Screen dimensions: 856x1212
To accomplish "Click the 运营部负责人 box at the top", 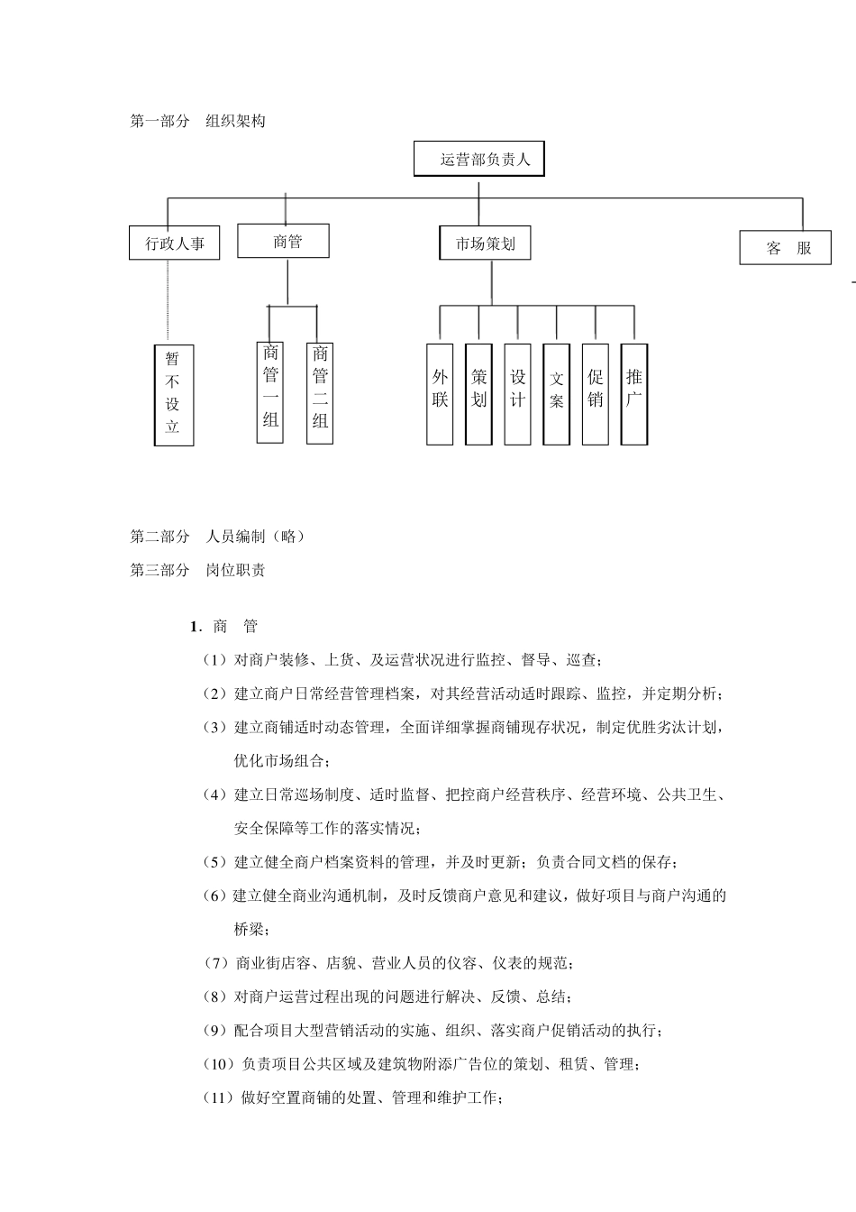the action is click(479, 159).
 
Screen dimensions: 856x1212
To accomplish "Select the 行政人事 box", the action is click(175, 243).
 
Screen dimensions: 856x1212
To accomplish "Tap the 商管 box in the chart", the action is click(284, 241).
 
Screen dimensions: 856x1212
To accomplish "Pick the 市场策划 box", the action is click(486, 243).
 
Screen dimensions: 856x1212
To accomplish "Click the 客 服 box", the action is click(785, 248).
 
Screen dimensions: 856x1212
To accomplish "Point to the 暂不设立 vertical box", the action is click(174, 393).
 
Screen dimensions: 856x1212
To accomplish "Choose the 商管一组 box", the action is click(270, 391).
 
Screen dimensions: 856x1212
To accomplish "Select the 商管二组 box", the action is click(320, 392).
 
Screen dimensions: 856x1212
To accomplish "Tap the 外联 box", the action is click(440, 393).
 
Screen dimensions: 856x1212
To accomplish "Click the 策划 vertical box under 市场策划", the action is click(478, 393).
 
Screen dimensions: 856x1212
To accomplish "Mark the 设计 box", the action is click(517, 393).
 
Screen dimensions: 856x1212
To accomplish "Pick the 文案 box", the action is click(557, 393).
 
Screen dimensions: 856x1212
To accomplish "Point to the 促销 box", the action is click(596, 393).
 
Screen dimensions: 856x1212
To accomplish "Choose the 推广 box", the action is click(634, 393).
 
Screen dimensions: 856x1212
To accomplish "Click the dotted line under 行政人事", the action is click(168, 302).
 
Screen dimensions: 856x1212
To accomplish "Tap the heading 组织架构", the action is click(236, 121).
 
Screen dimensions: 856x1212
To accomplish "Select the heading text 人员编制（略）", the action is click(256, 537).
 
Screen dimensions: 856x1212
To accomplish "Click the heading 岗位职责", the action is click(236, 570).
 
